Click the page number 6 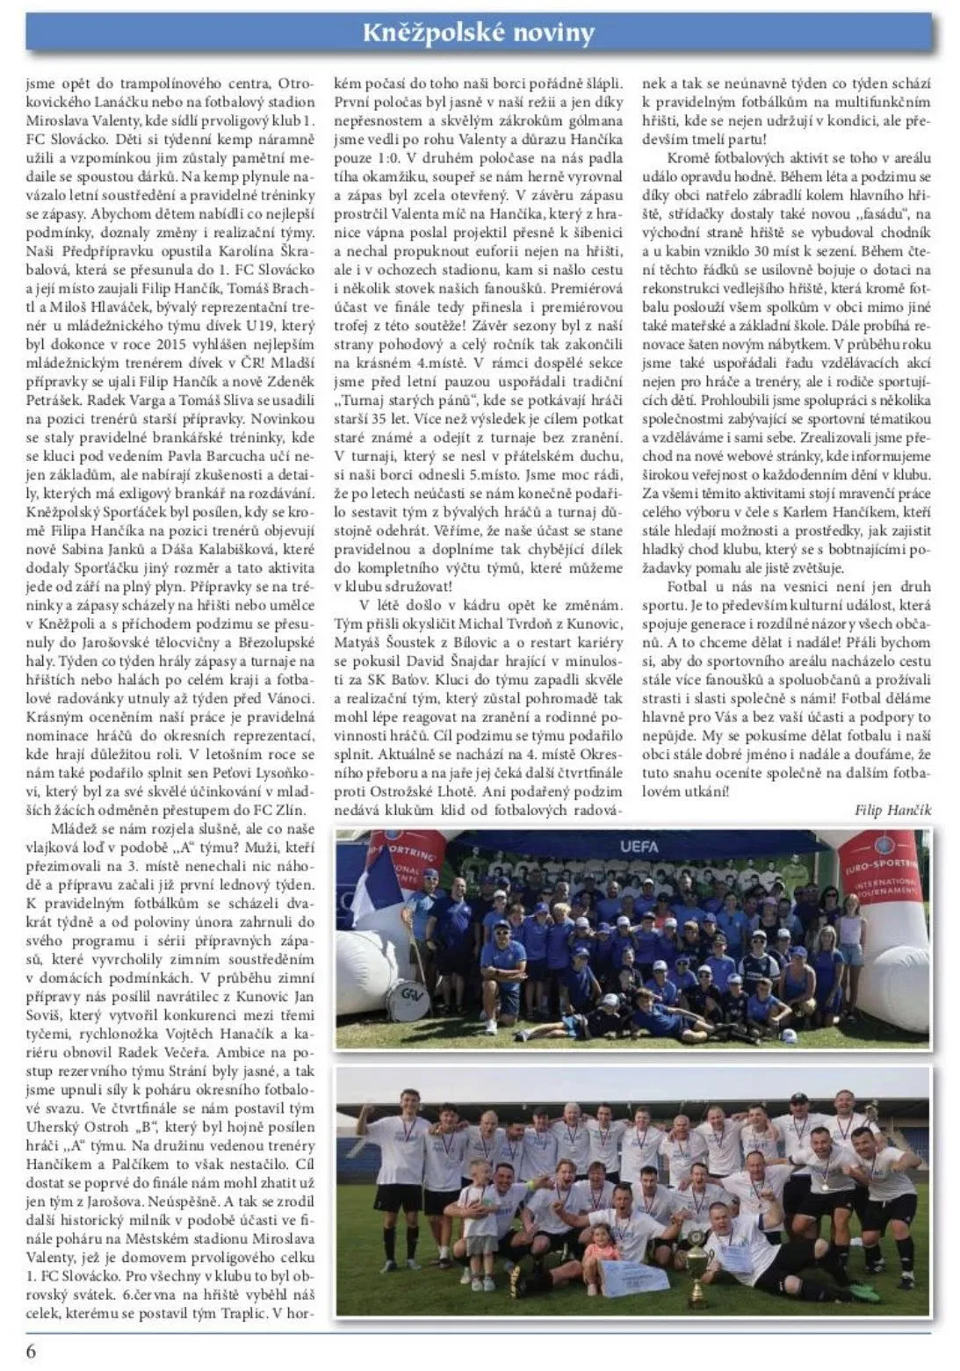click(x=32, y=1351)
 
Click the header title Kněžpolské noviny click(x=480, y=32)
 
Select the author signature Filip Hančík click(x=892, y=810)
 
